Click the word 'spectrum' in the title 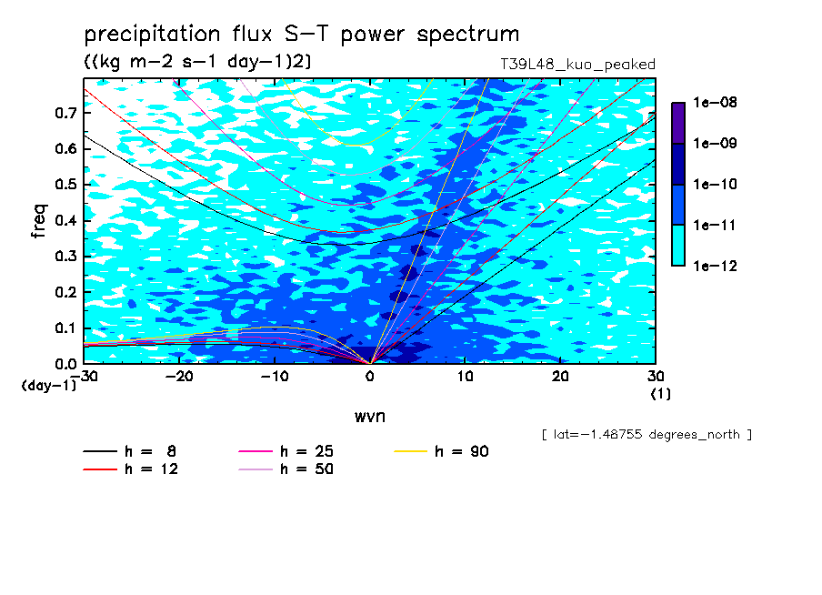pos(467,35)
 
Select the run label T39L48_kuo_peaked pos(577,65)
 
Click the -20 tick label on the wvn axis pos(179,377)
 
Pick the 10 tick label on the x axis pos(465,377)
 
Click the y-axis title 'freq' pos(39,221)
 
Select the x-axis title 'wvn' pos(369,417)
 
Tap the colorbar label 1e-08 pos(715,102)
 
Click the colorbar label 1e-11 pos(715,226)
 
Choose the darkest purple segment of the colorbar pos(678,123)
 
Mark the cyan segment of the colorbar pos(678,246)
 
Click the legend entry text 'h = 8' pos(150,451)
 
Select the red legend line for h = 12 pos(100,469)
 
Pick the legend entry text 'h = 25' pos(306,451)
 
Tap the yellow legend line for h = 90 pos(410,451)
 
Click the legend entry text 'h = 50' pos(306,469)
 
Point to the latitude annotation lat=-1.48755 pos(647,435)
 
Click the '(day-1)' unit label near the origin pos(48,386)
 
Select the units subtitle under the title pos(197,62)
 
